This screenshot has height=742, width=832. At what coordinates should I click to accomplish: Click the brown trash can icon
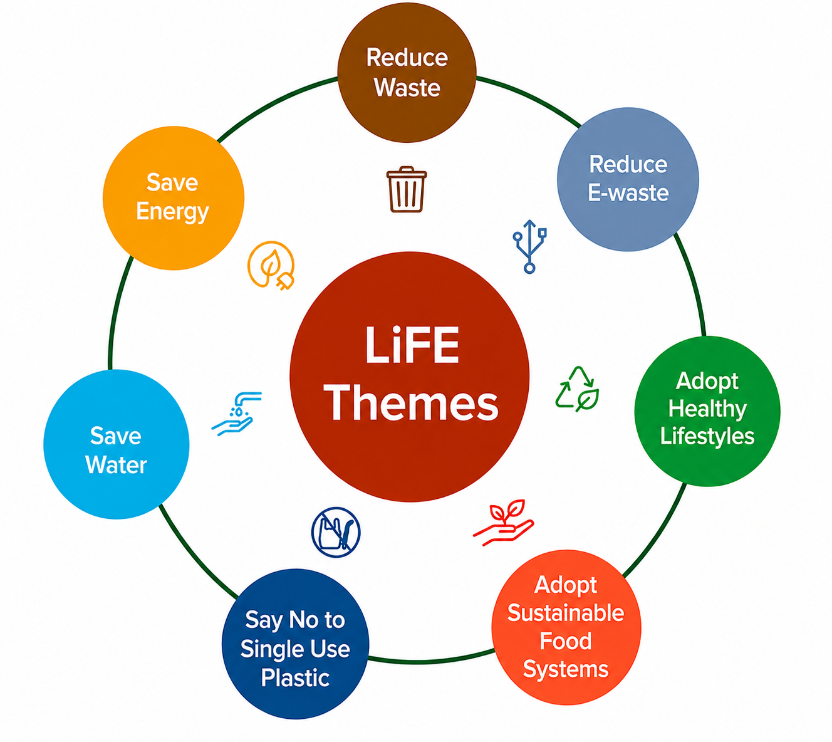click(406, 189)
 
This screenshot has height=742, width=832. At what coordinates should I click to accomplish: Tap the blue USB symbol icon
click(529, 246)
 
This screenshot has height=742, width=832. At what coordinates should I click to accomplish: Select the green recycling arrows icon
click(578, 389)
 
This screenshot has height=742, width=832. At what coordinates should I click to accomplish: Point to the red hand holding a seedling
click(504, 523)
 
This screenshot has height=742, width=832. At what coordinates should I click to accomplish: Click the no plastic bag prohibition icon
click(336, 532)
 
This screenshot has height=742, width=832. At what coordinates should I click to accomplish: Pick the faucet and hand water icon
click(237, 414)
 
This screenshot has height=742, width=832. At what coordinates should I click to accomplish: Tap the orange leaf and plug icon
click(271, 266)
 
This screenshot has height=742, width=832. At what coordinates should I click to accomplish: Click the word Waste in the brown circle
click(407, 88)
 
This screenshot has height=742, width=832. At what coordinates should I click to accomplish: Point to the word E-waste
click(628, 192)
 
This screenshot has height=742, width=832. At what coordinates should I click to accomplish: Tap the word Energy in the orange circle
click(172, 212)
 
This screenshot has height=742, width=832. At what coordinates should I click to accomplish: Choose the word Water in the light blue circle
click(116, 465)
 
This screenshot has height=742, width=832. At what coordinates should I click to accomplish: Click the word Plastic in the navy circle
click(295, 677)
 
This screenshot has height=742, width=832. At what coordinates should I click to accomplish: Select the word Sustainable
click(566, 612)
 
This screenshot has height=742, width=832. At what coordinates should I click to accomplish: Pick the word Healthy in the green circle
click(707, 409)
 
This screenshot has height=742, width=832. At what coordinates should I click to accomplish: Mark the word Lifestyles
click(707, 437)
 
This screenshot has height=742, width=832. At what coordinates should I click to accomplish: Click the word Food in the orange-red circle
click(566, 641)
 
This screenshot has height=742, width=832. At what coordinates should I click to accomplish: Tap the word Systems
click(566, 670)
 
